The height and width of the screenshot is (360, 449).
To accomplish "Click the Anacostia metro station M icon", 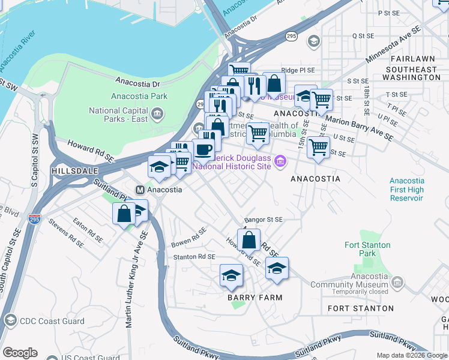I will pyautogui.click(x=140, y=190).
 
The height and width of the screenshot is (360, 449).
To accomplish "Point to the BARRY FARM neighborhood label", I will pyautogui.click(x=255, y=297).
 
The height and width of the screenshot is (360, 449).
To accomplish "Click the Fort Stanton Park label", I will pyautogui.click(x=367, y=249).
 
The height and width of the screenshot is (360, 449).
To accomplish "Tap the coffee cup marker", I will pyautogui.click(x=203, y=150).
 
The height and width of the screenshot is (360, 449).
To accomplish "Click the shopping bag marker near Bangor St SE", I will pyautogui.click(x=249, y=240).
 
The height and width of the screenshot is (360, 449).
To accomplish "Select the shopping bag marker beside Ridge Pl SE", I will pyautogui.click(x=274, y=83).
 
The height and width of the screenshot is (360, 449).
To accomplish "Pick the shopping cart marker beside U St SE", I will pyautogui.click(x=318, y=146).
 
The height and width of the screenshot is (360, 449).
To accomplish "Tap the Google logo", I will pyautogui.click(x=20, y=353).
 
